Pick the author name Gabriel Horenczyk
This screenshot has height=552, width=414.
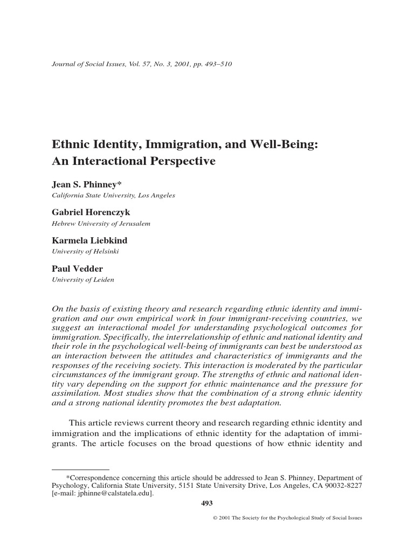click(91, 213)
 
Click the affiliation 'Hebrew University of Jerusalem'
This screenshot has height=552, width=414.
click(101, 223)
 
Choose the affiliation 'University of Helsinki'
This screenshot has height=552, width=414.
click(85, 251)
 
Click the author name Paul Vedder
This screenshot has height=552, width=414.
click(77, 269)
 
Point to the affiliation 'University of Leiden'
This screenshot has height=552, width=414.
click(82, 279)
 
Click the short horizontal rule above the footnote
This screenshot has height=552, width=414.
click(80, 470)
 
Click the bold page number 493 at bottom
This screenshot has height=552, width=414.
click(207, 503)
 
